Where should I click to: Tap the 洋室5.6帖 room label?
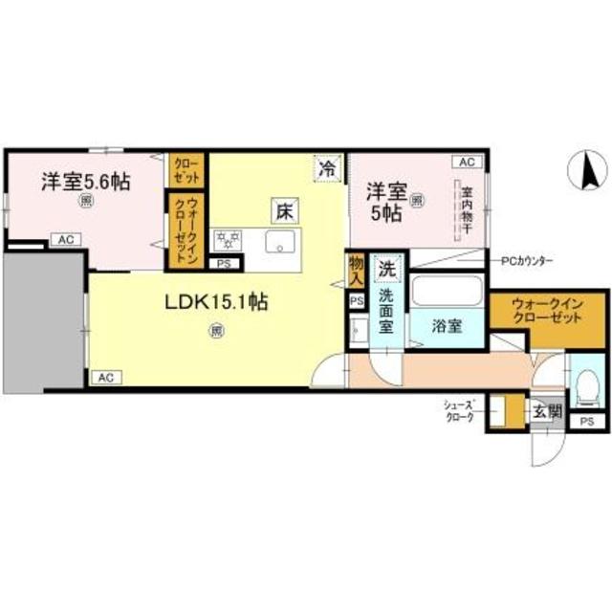(x=86, y=181)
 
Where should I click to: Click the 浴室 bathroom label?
(x=446, y=325)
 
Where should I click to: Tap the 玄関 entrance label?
(x=547, y=412)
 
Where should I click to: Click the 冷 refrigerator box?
(x=327, y=168)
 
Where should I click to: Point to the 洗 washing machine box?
(x=385, y=267)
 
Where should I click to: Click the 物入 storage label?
(x=356, y=270)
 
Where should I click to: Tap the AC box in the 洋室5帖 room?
(x=466, y=163)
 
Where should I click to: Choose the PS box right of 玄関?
(x=586, y=421)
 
